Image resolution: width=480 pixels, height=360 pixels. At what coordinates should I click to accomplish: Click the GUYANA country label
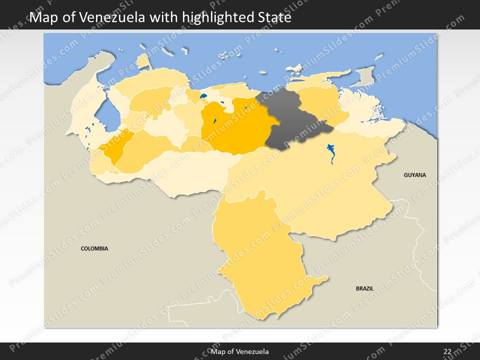[x=415, y=175]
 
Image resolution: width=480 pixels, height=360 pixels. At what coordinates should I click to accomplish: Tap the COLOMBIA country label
[x=94, y=248]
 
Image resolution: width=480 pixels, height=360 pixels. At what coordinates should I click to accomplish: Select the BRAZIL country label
[x=364, y=288]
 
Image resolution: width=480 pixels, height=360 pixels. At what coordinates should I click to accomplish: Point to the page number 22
[x=447, y=351]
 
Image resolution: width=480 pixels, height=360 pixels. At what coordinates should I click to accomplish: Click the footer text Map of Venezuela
[x=240, y=351]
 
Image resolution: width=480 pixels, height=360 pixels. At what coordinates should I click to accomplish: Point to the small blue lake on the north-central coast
[x=203, y=96]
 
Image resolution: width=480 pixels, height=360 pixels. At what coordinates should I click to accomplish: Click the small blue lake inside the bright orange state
[x=214, y=120]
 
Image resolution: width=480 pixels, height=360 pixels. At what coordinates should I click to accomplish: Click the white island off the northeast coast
[x=294, y=67]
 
